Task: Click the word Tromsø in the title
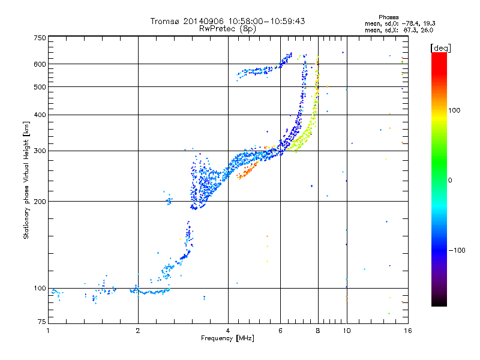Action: point(164,21)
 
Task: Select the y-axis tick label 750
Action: point(39,38)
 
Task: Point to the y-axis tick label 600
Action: point(39,64)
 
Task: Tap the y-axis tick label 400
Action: point(39,115)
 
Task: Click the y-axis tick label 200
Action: point(39,202)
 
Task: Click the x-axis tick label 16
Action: point(407,331)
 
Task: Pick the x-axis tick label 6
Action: point(280,331)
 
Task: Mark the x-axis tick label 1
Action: point(48,331)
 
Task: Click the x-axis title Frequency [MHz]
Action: point(227,339)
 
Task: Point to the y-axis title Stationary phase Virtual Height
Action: point(26,180)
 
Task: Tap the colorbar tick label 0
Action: point(451,180)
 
